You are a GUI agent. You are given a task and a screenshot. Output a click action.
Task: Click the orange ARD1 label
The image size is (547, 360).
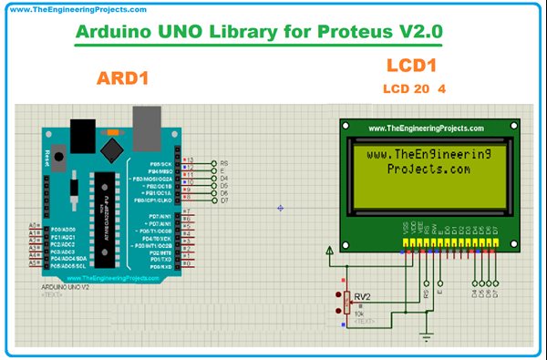coord(121,79)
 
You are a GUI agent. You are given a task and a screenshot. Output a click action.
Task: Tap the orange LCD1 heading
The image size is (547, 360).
coord(413,66)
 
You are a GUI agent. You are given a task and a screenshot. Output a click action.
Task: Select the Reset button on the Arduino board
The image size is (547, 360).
coord(60,157)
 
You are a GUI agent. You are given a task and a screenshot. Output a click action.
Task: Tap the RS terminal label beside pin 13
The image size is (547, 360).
coord(223,162)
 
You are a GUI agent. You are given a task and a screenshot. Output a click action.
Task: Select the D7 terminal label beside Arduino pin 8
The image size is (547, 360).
coord(223,200)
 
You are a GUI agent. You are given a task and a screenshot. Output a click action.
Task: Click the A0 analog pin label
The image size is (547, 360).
coord(34,225)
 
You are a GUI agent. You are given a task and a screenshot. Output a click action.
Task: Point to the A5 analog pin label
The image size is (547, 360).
coord(34,262)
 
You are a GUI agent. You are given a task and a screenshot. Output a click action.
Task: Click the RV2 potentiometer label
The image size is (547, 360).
coord(363,296)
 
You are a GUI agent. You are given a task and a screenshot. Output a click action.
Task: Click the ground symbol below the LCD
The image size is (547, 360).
coord(424,339)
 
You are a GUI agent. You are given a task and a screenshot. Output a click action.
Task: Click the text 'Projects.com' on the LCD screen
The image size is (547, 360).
coord(428,169)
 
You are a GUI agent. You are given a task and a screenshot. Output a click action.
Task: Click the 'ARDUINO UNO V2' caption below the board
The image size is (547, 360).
coord(66,287)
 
